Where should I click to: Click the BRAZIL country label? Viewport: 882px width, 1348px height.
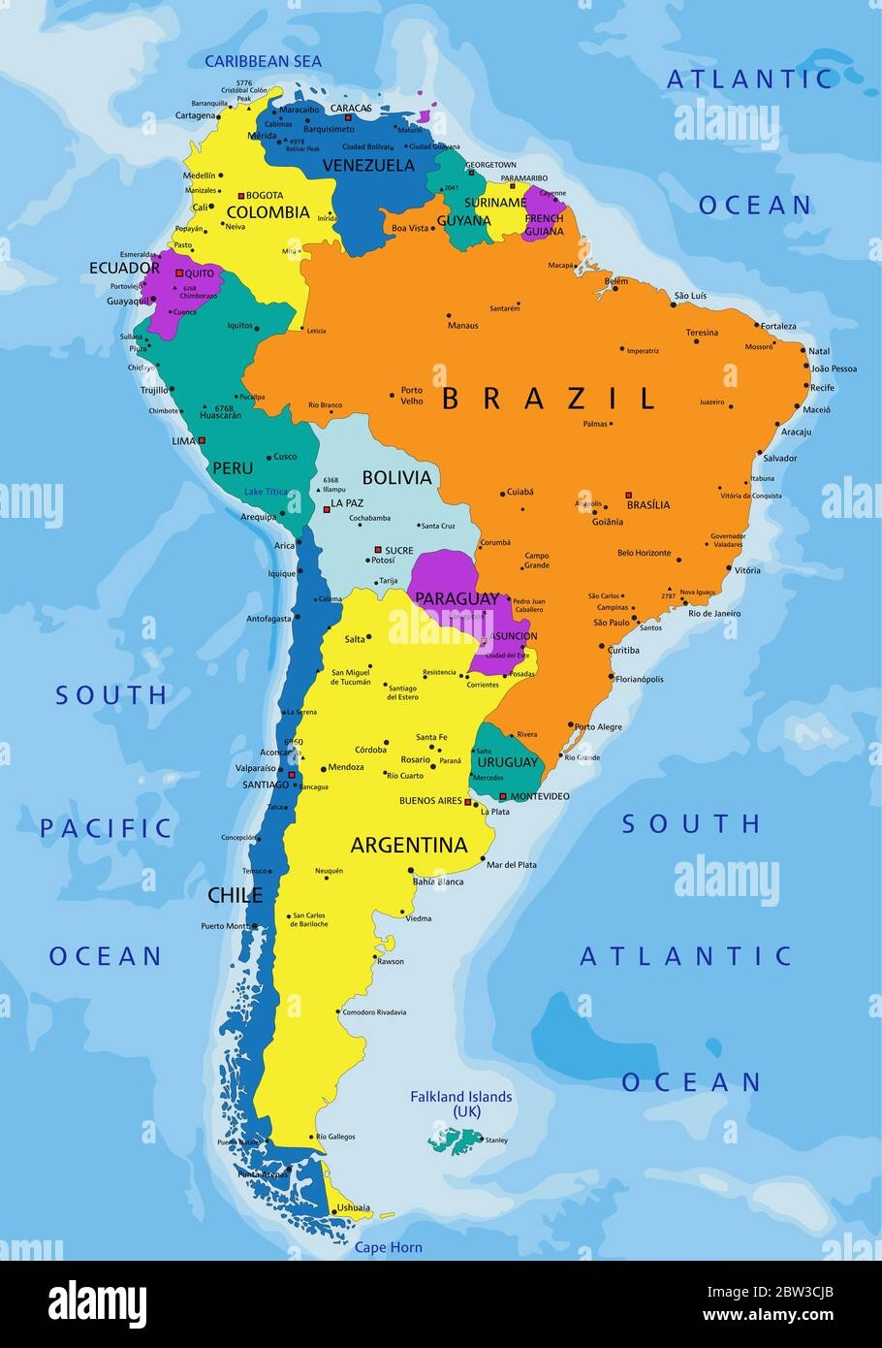pos(549,398)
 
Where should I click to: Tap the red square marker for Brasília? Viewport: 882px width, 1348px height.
pos(628,495)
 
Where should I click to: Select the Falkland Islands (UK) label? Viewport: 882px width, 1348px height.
pos(460,1104)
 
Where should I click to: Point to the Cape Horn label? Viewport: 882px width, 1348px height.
pos(388,1247)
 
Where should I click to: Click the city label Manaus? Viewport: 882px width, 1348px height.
pos(462,325)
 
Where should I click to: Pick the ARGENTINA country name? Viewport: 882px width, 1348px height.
pos(408,845)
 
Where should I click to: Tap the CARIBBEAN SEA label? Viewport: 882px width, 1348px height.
pos(263,61)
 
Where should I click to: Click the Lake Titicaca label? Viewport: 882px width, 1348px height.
pos(267,492)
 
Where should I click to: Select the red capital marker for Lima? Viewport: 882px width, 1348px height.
pos(203,440)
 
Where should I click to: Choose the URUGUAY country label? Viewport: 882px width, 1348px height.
pos(506,762)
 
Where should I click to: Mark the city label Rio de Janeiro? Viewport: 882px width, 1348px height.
pos(714,613)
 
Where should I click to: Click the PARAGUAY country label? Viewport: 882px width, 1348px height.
pos(457,599)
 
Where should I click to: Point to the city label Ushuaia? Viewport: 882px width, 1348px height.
pos(354,1207)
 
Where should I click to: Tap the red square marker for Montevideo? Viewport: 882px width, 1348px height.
pos(502,797)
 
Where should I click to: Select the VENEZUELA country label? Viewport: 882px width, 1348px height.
pos(367,165)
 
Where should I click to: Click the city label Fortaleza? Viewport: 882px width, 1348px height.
pos(778,326)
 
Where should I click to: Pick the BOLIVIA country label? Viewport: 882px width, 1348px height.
pos(396,477)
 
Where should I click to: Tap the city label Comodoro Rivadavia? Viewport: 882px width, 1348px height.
pos(373,1012)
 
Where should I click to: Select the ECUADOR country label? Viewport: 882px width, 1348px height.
pos(124,268)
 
